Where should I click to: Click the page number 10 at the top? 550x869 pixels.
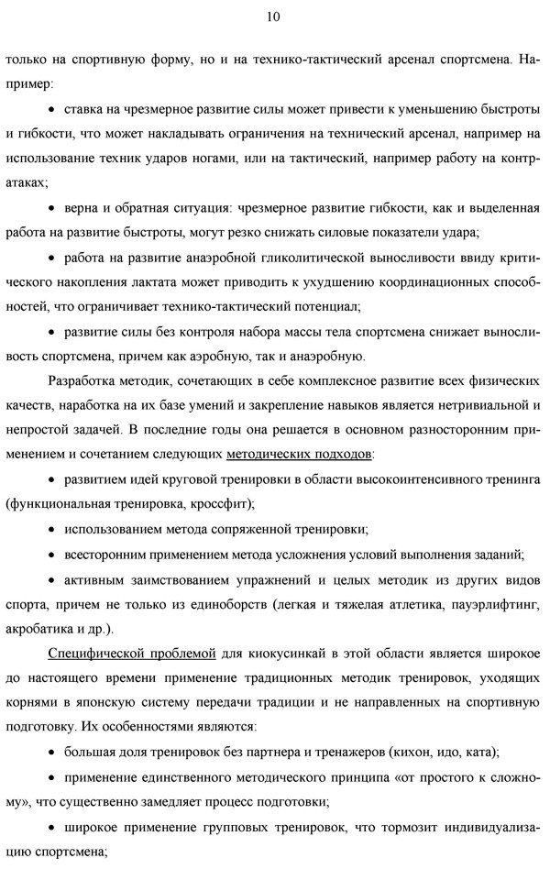tap(274, 16)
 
